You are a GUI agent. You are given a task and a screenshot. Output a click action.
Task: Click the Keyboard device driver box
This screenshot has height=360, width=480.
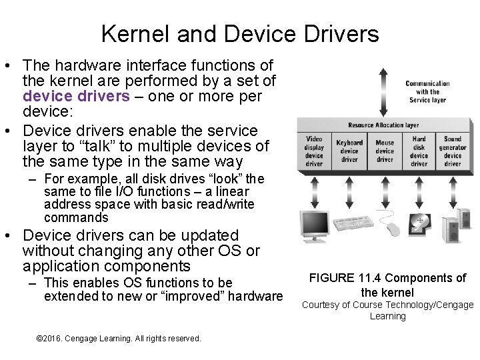[349, 151]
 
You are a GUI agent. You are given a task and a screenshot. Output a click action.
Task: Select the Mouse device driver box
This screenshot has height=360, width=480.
[385, 151]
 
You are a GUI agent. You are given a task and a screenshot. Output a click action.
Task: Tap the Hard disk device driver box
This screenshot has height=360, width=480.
[419, 151]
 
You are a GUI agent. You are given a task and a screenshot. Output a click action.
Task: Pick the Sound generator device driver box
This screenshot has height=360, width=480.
[453, 151]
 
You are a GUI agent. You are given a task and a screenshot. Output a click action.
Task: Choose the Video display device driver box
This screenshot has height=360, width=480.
[314, 151]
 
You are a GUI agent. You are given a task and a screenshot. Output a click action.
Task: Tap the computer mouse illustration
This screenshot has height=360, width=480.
[391, 229]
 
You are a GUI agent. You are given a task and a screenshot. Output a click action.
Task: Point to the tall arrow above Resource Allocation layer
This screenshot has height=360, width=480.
[381, 92]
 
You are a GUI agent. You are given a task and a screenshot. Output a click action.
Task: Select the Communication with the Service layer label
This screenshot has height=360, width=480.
[427, 92]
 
